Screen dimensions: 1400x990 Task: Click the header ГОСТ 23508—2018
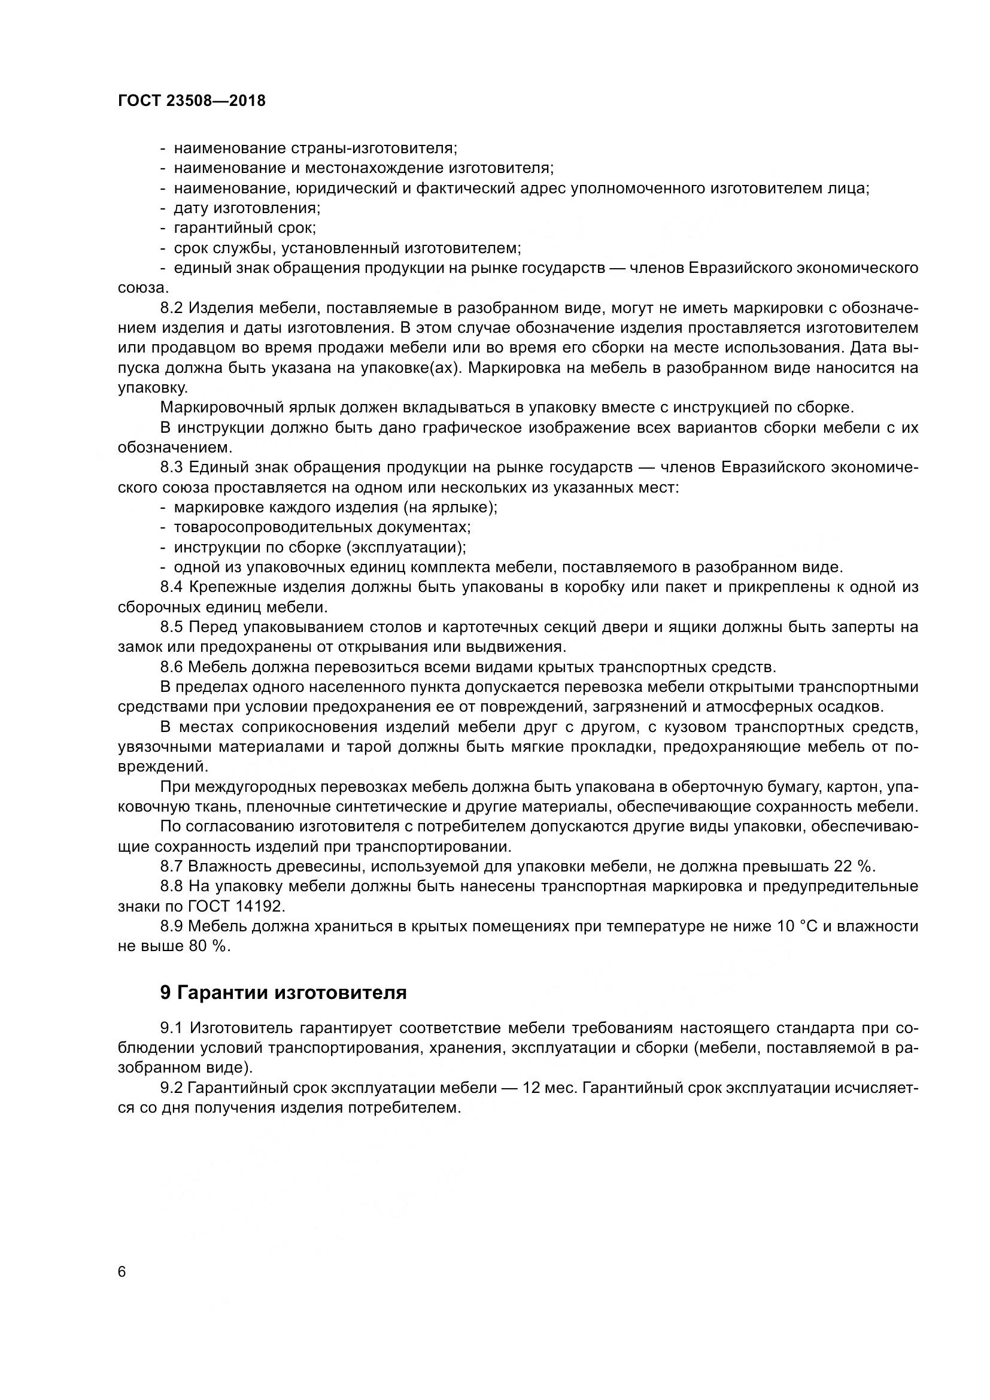(x=192, y=101)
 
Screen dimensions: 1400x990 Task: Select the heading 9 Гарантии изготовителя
(x=283, y=992)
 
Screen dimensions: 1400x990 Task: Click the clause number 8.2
(x=172, y=308)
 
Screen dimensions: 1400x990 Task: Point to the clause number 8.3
(x=172, y=467)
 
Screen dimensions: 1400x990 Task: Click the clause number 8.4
(x=172, y=587)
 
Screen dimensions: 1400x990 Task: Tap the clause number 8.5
(x=172, y=627)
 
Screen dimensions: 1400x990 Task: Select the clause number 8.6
(x=172, y=666)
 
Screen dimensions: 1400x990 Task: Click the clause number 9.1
(x=172, y=1029)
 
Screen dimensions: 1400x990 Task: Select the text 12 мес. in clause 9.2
(x=550, y=1088)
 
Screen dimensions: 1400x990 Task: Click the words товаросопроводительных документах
(x=322, y=527)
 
